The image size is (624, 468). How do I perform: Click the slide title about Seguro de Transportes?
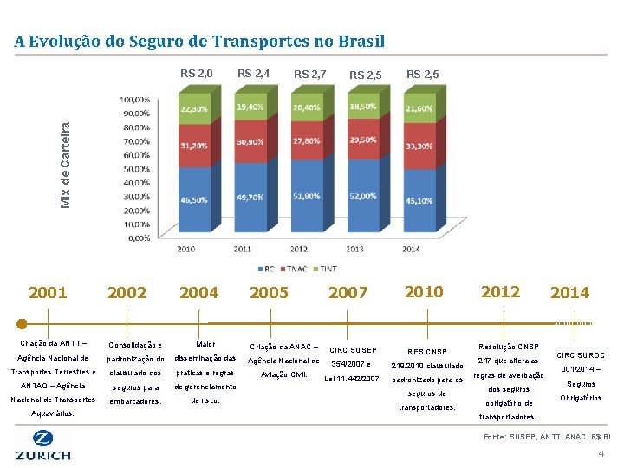coord(199,42)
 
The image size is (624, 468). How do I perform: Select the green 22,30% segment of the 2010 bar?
coord(194,109)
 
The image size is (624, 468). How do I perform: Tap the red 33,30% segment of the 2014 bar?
coord(419,146)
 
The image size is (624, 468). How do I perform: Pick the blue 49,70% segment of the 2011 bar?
coord(250,198)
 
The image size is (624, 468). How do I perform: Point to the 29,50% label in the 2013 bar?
coord(363,140)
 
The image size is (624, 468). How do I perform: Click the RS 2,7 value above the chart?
coord(309,75)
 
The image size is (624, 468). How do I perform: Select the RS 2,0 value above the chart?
coord(197,74)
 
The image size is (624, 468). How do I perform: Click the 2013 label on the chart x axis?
coord(355,250)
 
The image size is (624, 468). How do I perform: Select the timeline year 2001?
coord(48,293)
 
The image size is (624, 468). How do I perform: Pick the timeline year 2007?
coord(348,293)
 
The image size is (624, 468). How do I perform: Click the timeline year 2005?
coord(269,293)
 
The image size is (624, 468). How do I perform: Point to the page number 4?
coord(601,455)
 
